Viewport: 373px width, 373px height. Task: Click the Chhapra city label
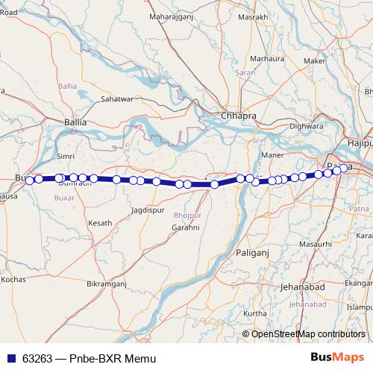[x=239, y=116]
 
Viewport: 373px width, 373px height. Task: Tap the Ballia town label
[x=75, y=120]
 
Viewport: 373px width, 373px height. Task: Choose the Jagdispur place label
[x=146, y=211]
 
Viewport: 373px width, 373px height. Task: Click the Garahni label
[x=186, y=226]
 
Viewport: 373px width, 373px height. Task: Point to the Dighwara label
[x=306, y=126]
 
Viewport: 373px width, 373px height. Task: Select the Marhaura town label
[x=268, y=57]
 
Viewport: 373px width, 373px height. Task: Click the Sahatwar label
[x=117, y=98]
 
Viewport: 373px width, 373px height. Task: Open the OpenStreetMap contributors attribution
[x=308, y=333]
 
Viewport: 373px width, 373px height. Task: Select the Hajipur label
[x=359, y=142]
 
